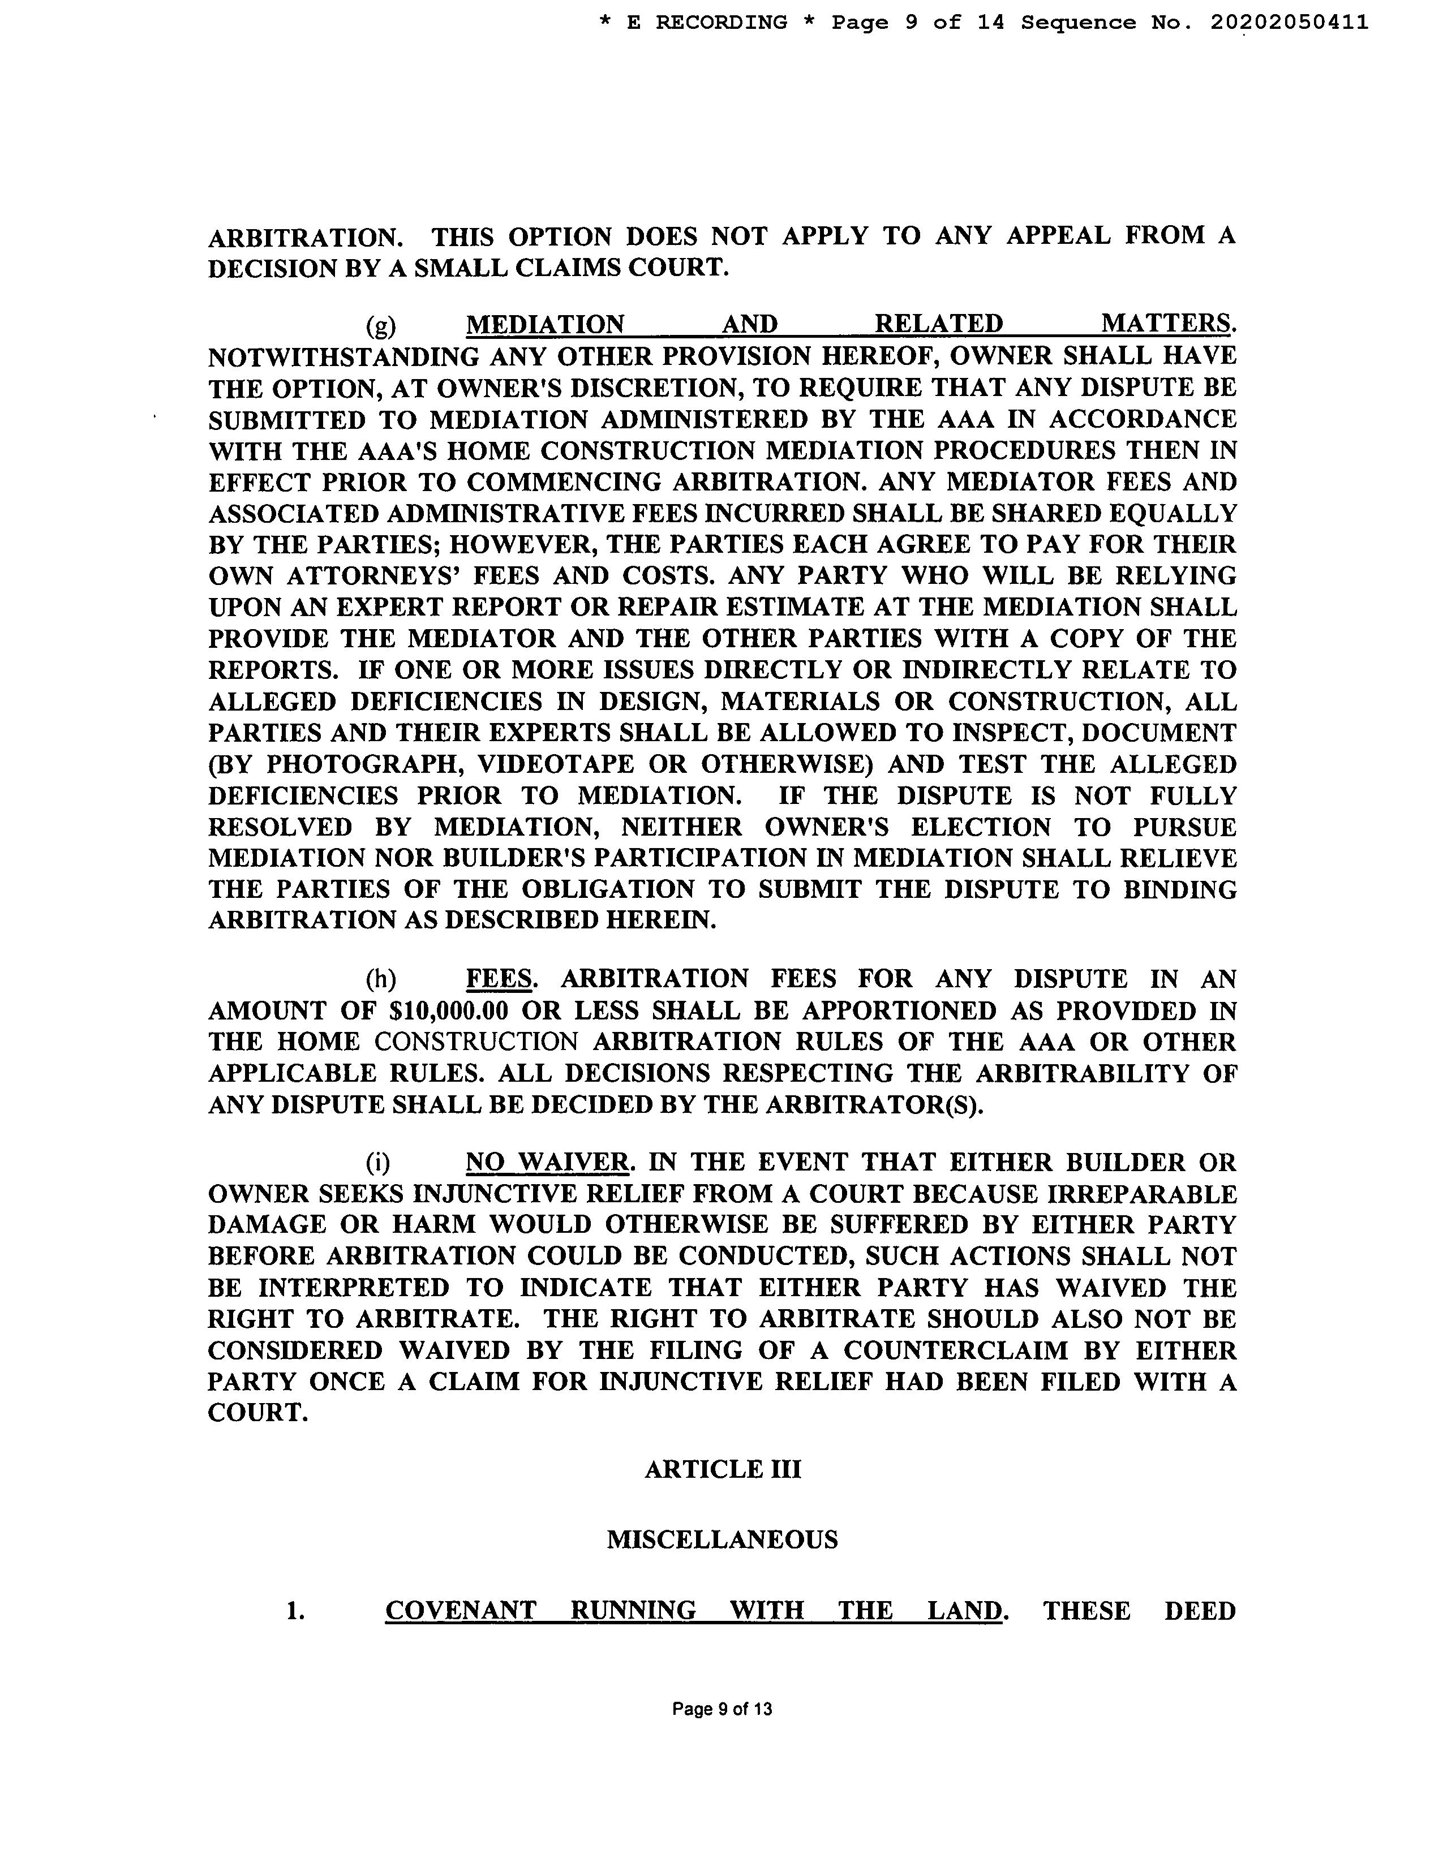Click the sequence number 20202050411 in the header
click(1289, 23)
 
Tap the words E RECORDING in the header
click(706, 23)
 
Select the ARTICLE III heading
click(723, 1469)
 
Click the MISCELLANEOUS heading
click(723, 1539)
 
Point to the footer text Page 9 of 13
click(723, 1709)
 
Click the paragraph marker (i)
click(378, 1163)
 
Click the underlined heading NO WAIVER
click(547, 1163)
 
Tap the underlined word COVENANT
click(460, 1611)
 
